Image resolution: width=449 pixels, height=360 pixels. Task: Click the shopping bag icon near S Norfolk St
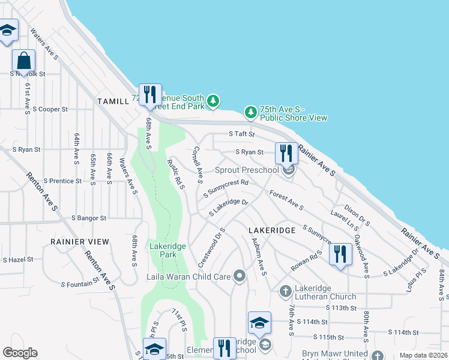click(x=23, y=61)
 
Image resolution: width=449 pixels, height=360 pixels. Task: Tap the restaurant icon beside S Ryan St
click(x=286, y=153)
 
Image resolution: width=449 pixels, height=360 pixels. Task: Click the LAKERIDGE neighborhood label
click(x=271, y=230)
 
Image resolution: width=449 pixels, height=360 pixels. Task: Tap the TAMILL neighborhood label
click(x=113, y=101)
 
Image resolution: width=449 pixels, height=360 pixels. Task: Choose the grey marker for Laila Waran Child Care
click(x=240, y=276)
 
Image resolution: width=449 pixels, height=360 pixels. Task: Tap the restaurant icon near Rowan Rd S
click(x=340, y=254)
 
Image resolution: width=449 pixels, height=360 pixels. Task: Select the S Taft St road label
click(x=242, y=135)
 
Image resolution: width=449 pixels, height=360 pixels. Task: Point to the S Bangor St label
click(x=88, y=218)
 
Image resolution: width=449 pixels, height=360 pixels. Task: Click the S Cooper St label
click(x=50, y=109)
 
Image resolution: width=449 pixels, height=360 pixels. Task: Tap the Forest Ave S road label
click(x=286, y=200)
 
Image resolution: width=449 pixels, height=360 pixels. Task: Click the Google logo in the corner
click(x=20, y=353)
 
